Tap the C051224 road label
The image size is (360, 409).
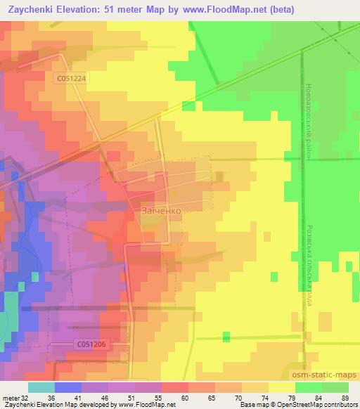(72, 79)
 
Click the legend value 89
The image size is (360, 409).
(344, 397)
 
